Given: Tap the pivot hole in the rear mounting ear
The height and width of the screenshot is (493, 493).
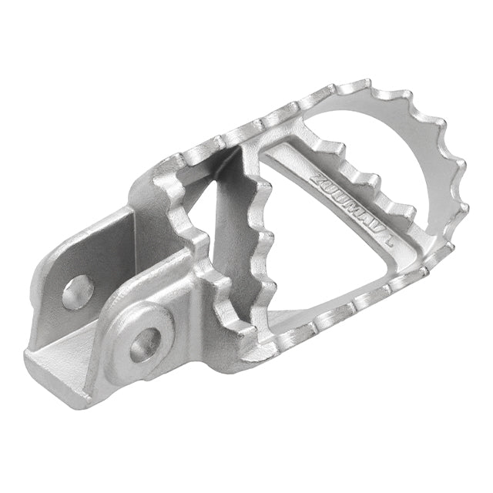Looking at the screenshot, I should [76, 292].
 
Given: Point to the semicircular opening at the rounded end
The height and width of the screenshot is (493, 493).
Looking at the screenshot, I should [385, 146].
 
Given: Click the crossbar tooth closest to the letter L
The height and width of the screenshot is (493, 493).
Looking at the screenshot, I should [401, 208].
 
